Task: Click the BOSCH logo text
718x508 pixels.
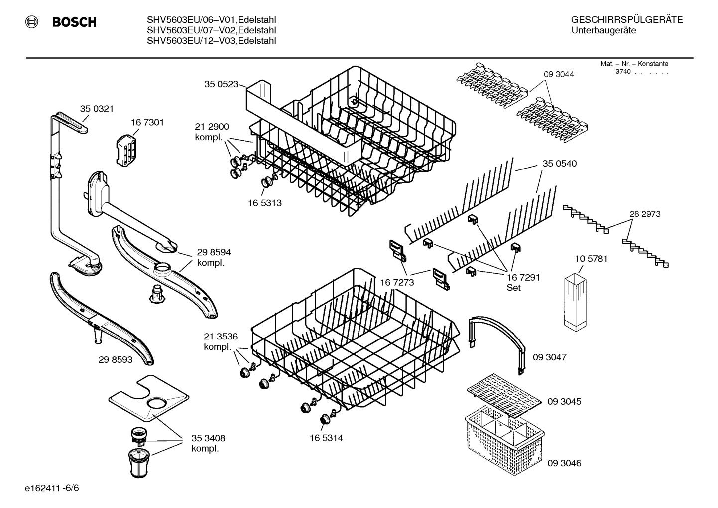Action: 74,22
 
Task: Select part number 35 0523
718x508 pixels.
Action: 221,84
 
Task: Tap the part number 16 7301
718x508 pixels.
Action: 147,122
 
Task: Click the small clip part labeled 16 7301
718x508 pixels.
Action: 126,150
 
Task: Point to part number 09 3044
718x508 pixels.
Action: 559,74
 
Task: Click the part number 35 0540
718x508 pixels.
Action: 559,164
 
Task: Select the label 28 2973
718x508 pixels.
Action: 645,214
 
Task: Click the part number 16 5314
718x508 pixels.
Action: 326,438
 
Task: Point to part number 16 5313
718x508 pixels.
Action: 264,203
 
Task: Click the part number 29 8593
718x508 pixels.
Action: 116,359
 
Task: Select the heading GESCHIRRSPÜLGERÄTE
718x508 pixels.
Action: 626,20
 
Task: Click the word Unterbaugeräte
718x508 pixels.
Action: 603,31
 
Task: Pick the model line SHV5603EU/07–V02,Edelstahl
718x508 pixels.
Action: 211,30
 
